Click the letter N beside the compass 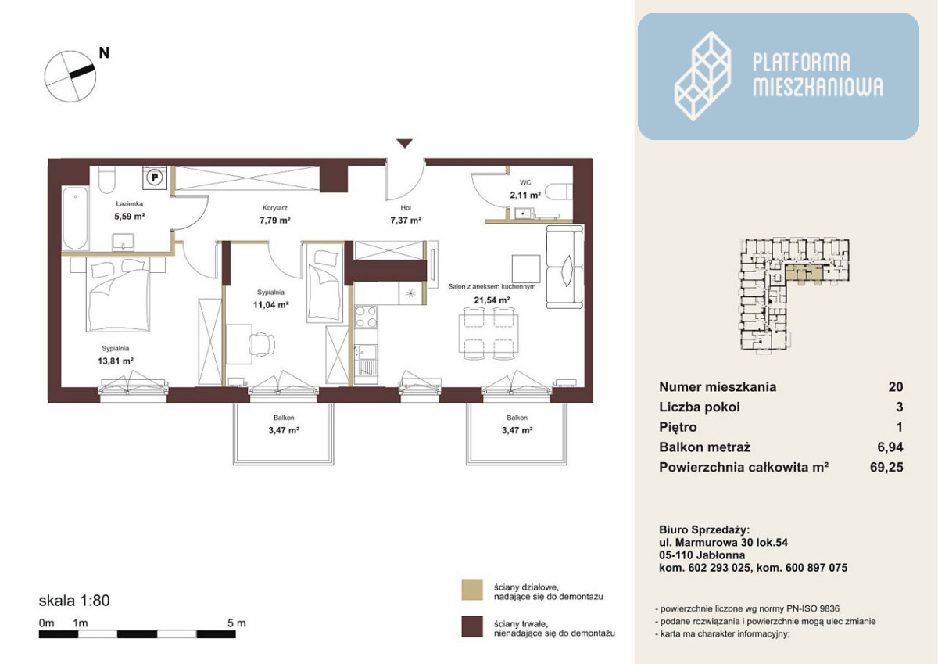104,53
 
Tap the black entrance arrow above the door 405,143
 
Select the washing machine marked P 155,178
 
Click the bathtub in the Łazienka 75,218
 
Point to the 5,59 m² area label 130,217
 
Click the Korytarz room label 274,208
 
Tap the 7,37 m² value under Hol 406,221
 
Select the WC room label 525,183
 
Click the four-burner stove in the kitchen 366,317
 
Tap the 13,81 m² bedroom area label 116,361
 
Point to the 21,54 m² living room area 492,300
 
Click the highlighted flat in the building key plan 804,273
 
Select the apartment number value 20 895,386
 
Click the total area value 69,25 886,467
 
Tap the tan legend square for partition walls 472,590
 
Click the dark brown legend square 472,626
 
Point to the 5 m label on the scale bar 237,623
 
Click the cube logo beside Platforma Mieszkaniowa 702,76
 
